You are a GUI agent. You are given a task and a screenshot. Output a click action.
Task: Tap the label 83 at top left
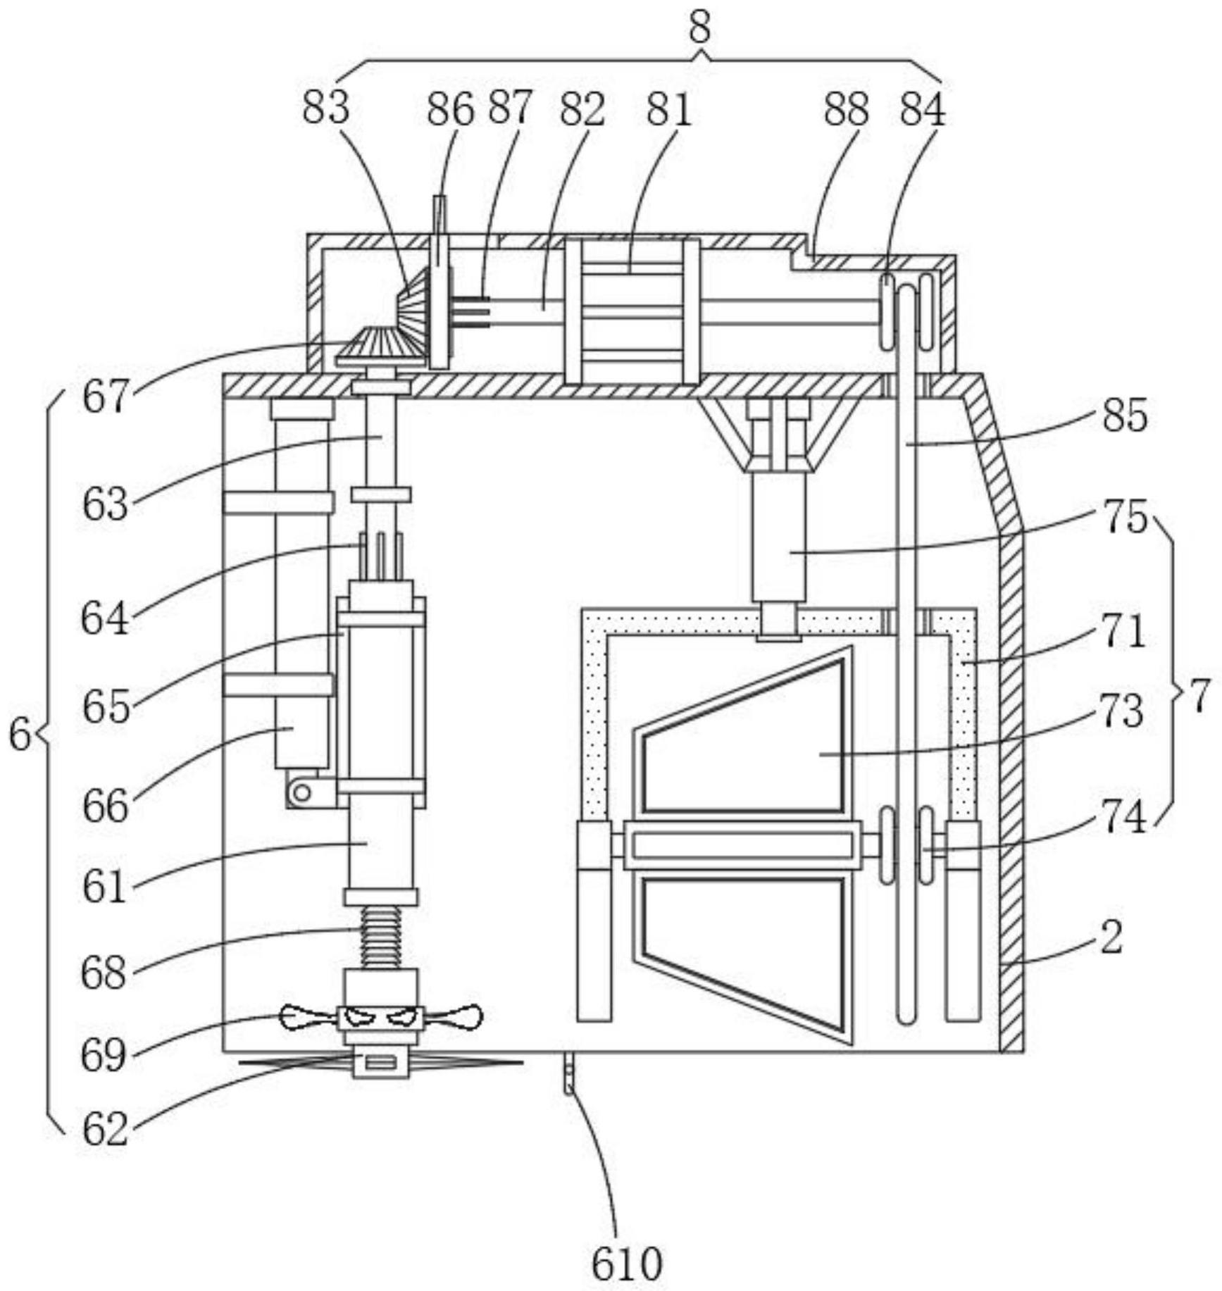click(x=326, y=108)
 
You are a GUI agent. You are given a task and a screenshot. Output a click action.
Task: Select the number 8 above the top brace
click(x=699, y=29)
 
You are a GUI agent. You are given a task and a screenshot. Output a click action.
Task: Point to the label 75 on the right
click(x=1126, y=516)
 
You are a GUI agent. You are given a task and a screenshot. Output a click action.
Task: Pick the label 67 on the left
click(x=106, y=397)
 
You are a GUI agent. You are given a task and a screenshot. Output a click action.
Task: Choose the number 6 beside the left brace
click(x=20, y=735)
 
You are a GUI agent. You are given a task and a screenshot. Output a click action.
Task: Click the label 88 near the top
click(x=847, y=108)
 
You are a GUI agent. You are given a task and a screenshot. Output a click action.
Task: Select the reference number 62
click(x=106, y=1129)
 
